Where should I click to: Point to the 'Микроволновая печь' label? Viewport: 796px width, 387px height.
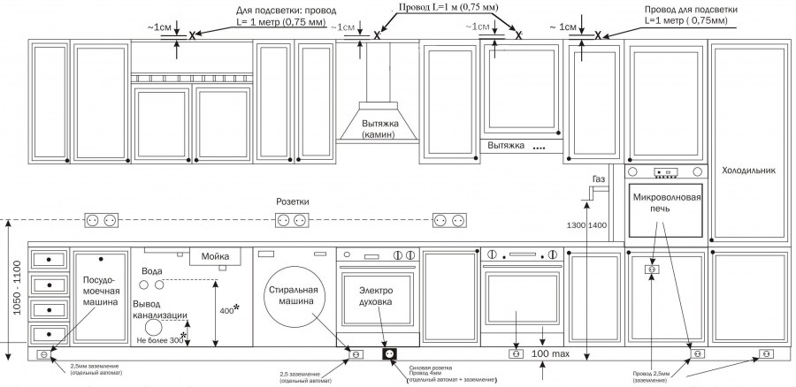pyautogui.click(x=667, y=206)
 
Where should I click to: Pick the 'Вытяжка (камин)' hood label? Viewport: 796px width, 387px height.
pyautogui.click(x=378, y=129)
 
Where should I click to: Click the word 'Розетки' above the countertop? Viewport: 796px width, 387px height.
pyautogui.click(x=292, y=202)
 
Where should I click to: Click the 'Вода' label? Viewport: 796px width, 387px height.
pyautogui.click(x=152, y=271)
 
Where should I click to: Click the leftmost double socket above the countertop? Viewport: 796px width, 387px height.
pyautogui.click(x=100, y=219)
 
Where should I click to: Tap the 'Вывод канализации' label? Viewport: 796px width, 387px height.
pyautogui.click(x=159, y=307)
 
